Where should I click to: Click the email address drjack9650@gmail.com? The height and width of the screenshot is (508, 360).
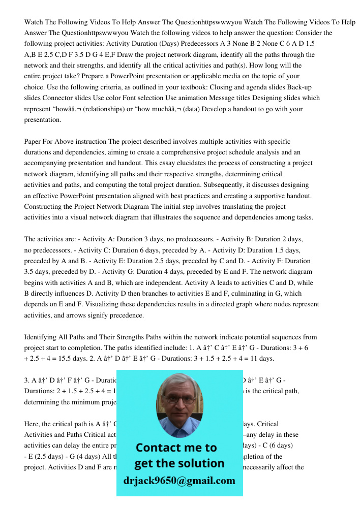179,481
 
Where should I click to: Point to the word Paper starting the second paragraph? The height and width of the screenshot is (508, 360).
35,141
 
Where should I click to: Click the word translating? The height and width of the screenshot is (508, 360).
226,207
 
